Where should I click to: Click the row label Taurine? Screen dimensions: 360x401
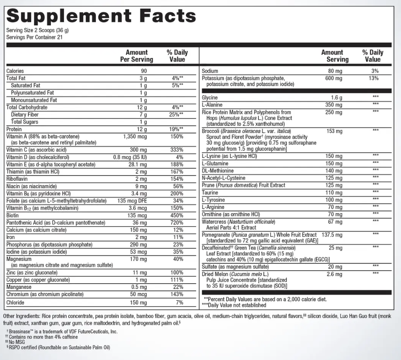(210, 192)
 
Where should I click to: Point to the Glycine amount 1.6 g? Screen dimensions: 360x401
(336, 97)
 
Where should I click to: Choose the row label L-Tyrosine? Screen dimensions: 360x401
(214, 199)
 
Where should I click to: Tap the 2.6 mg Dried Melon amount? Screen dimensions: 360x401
(335, 273)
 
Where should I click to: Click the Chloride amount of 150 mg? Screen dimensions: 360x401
(139, 302)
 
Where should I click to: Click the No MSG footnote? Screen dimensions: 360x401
(18, 342)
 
